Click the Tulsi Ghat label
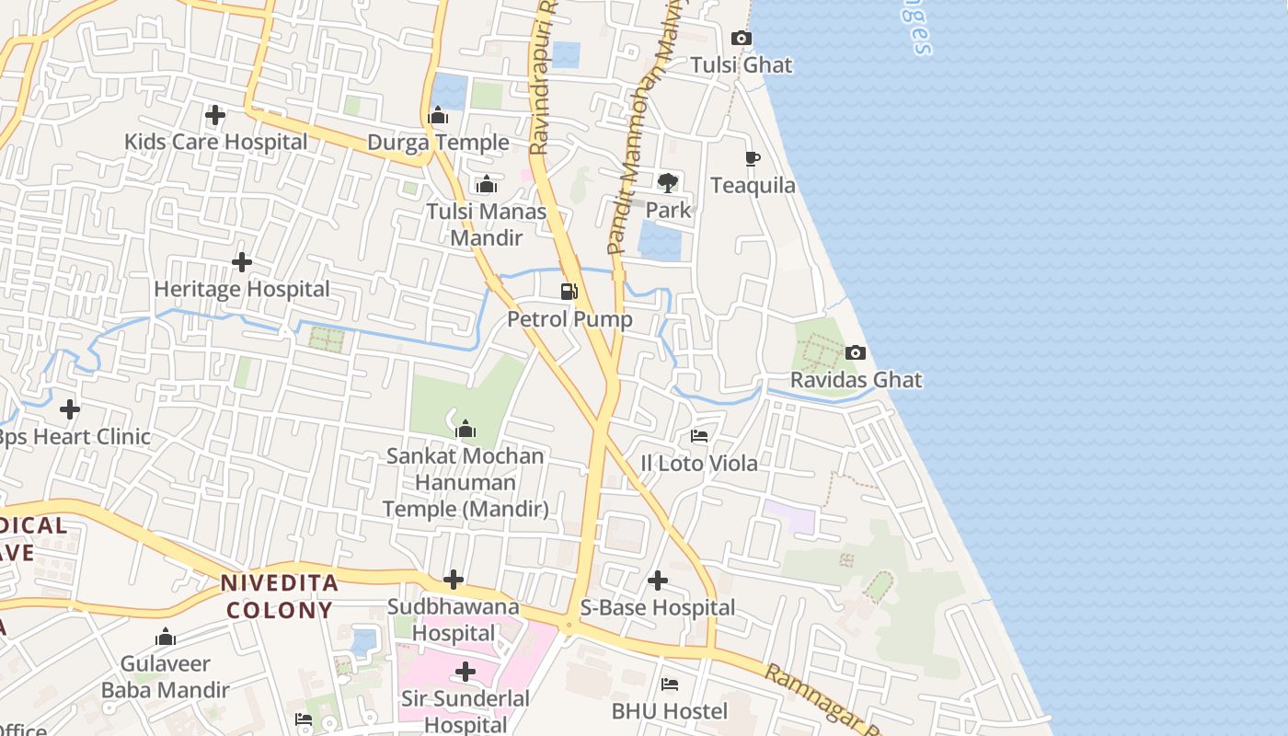tap(741, 65)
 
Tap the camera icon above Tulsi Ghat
tap(741, 39)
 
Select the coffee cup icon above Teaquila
tap(753, 159)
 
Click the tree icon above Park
tap(668, 182)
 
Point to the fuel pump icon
tap(569, 293)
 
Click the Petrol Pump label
tap(569, 319)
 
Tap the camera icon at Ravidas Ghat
tap(856, 353)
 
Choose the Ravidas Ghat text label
tap(856, 380)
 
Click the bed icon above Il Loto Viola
tap(699, 436)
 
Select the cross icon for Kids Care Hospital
tap(215, 115)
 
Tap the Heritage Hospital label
tap(241, 289)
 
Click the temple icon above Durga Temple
tap(439, 116)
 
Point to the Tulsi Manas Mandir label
tap(486, 224)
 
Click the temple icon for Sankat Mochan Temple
tap(466, 429)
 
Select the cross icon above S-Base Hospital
tap(658, 581)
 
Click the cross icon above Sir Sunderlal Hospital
tap(466, 672)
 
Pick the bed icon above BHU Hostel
tap(670, 684)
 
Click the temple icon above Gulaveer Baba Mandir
tap(166, 637)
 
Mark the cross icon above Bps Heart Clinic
tap(70, 409)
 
